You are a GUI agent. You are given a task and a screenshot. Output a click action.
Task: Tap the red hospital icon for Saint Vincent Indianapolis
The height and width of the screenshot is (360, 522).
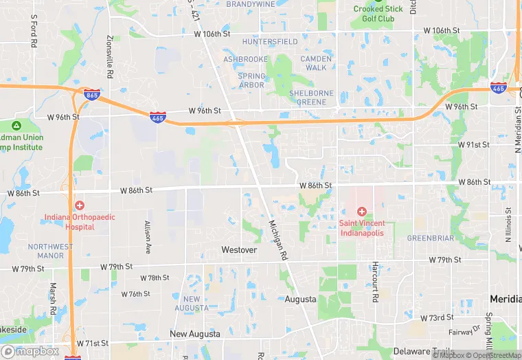[361, 211]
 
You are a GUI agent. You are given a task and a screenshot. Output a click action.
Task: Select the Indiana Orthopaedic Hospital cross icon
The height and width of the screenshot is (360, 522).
[80, 205]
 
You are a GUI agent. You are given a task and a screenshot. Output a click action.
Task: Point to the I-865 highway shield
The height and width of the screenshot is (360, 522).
[91, 95]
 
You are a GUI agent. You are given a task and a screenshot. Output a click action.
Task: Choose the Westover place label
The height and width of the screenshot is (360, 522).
[239, 250]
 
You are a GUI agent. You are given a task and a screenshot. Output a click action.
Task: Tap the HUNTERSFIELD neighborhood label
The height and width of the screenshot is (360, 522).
[265, 42]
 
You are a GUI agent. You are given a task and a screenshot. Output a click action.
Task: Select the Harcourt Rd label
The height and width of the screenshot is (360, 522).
[375, 282]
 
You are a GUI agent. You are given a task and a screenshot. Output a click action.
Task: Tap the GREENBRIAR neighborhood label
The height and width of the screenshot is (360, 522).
[431, 238]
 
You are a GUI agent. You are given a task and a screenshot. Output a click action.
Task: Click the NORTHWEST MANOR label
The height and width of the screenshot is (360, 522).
[50, 251]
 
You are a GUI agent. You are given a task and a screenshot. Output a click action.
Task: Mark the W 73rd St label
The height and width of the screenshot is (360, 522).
[436, 317]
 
